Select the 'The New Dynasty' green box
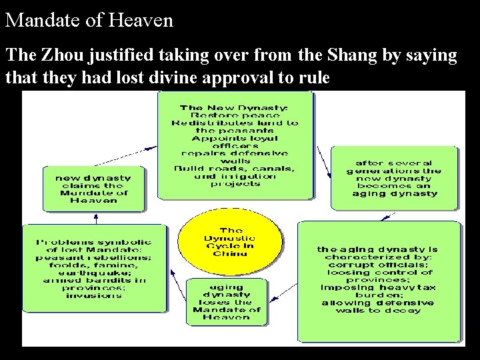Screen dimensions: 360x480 pos(235,145)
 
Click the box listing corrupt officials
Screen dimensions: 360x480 pos(378,280)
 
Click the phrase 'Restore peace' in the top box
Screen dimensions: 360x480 pos(235,115)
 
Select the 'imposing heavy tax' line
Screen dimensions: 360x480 pos(377,287)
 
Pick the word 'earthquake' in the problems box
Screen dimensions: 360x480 pos(93,272)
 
